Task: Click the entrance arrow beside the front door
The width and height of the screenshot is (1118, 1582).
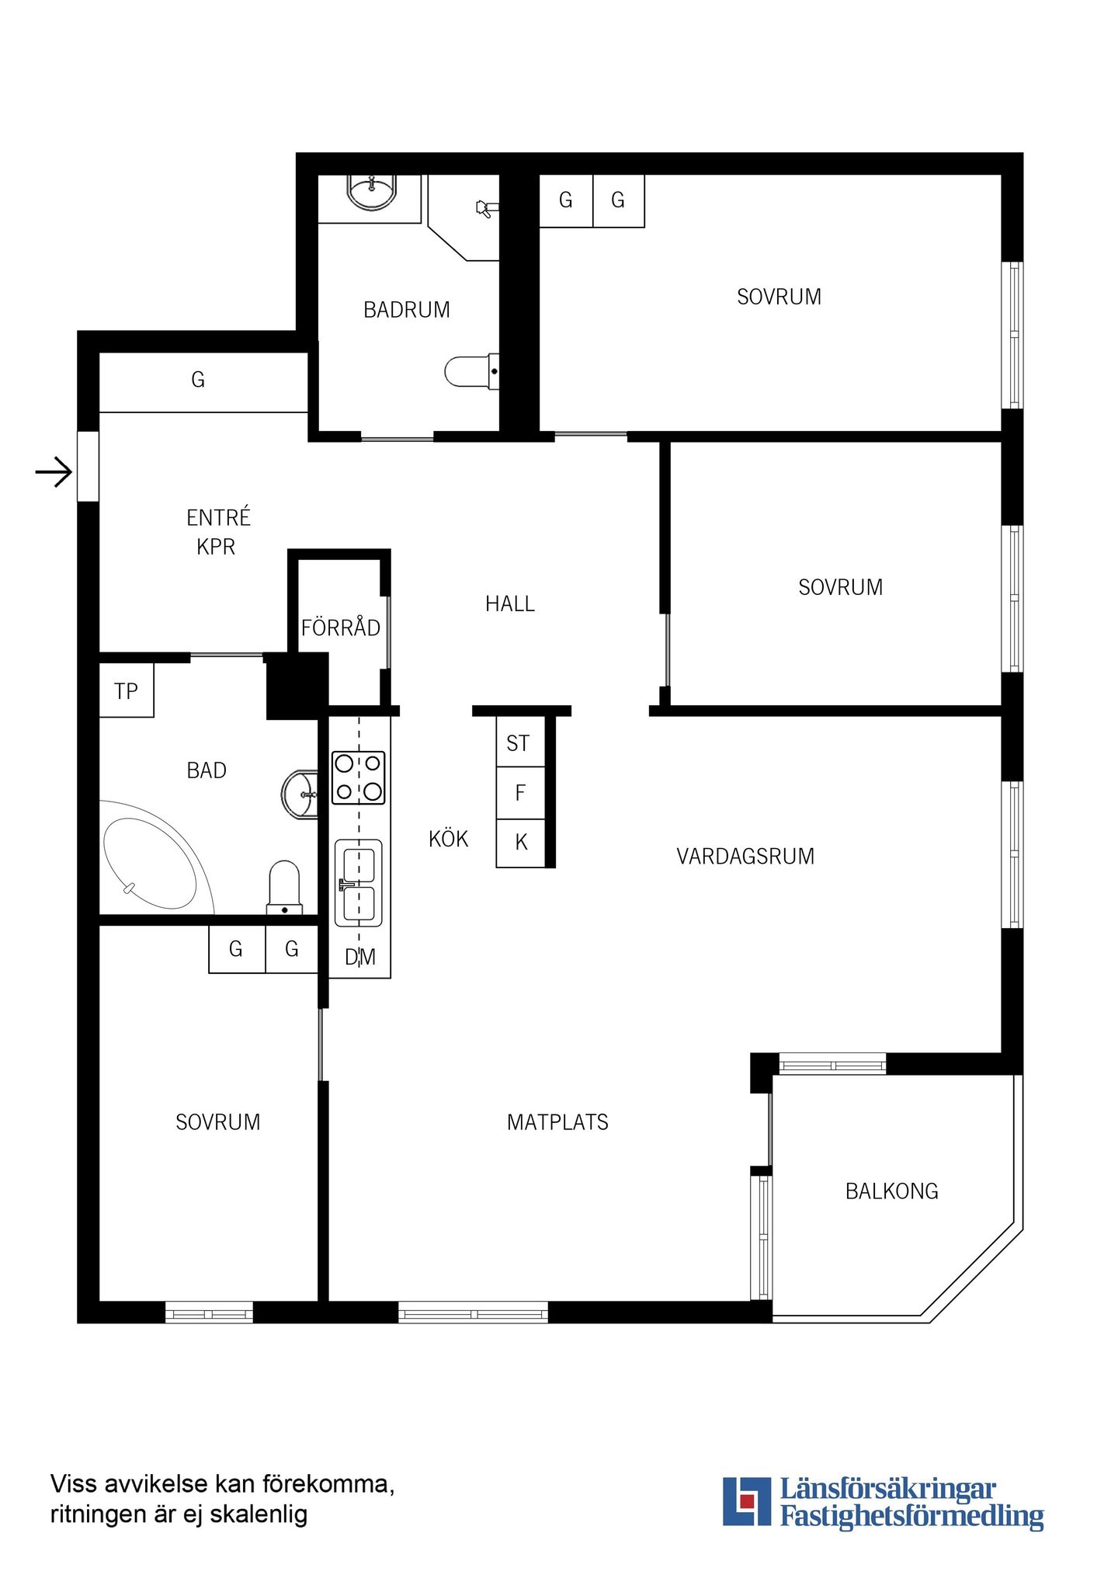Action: point(54,471)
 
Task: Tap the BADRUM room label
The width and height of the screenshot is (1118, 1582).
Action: point(407,310)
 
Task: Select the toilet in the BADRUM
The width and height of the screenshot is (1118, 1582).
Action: point(471,371)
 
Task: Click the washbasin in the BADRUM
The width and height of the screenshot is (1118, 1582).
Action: point(371,193)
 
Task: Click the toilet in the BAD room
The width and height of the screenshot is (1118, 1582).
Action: point(285,888)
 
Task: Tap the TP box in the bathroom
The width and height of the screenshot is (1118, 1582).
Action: point(127,690)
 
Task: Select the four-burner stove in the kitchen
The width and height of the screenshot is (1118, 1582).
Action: point(359,777)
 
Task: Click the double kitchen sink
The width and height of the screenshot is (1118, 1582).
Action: point(359,883)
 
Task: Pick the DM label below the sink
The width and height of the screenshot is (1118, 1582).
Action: point(360,957)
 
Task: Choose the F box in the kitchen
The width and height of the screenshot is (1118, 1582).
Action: point(520,793)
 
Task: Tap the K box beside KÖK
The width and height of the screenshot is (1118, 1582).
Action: point(520,843)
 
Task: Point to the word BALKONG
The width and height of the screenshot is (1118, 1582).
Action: point(892,1191)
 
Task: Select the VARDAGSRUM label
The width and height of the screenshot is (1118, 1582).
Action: point(745,856)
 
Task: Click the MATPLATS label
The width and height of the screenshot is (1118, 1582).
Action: point(557,1122)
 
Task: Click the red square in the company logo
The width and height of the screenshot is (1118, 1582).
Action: point(747,1500)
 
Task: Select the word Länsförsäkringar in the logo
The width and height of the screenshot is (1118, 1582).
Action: point(887,1489)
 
